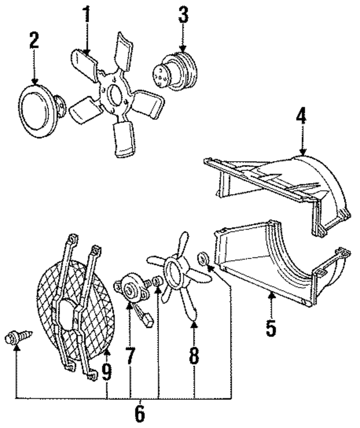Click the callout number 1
tap(87, 15)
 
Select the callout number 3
tap(183, 15)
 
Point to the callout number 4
tap(301, 118)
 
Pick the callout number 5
tap(271, 328)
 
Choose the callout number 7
tap(131, 356)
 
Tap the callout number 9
tap(106, 372)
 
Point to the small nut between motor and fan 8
tap(159, 280)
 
